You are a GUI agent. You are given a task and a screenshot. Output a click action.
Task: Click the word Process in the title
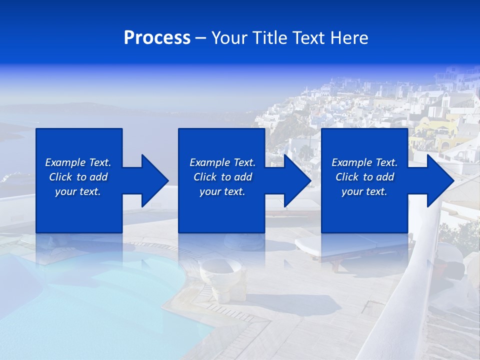(x=157, y=38)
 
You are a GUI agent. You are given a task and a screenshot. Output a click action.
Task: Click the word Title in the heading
(x=268, y=38)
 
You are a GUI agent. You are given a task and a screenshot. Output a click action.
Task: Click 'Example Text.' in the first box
(x=78, y=162)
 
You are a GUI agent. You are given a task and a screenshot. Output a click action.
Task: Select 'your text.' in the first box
(x=78, y=191)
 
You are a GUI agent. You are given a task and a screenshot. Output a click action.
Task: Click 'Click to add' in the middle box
(x=222, y=177)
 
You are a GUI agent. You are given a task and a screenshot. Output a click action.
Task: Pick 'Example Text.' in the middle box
(x=222, y=162)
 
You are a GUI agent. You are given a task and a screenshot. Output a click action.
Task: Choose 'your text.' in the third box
(x=364, y=191)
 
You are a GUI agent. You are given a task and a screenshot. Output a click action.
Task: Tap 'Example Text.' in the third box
(x=364, y=162)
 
